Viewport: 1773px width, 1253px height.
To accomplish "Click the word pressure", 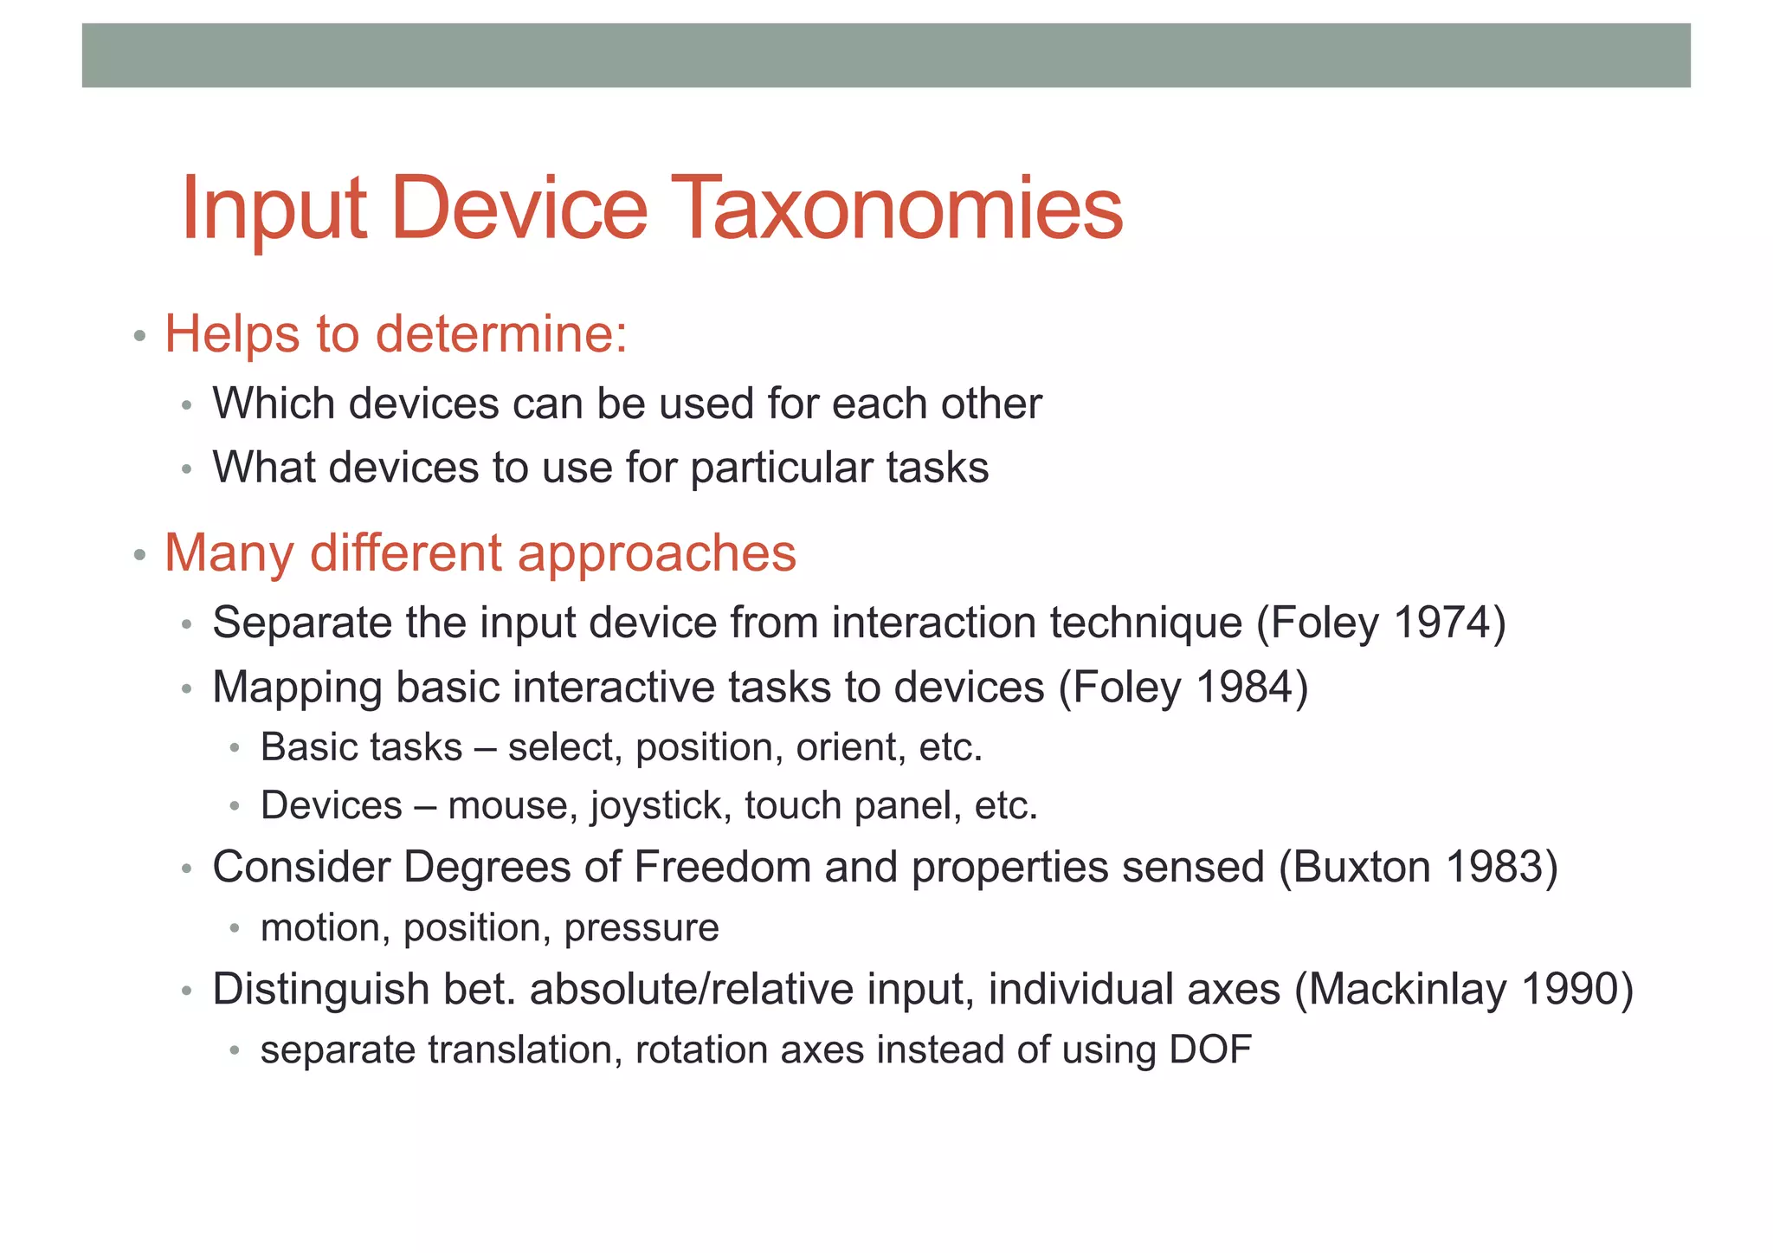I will pos(642,928).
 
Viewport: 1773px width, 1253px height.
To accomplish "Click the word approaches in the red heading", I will pos(657,552).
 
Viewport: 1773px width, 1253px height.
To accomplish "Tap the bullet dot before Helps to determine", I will pos(139,336).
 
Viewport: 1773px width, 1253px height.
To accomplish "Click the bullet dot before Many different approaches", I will pos(139,554).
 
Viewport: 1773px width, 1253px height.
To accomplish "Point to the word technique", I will pos(1146,623).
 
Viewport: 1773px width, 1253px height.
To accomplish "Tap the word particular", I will pos(782,468).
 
